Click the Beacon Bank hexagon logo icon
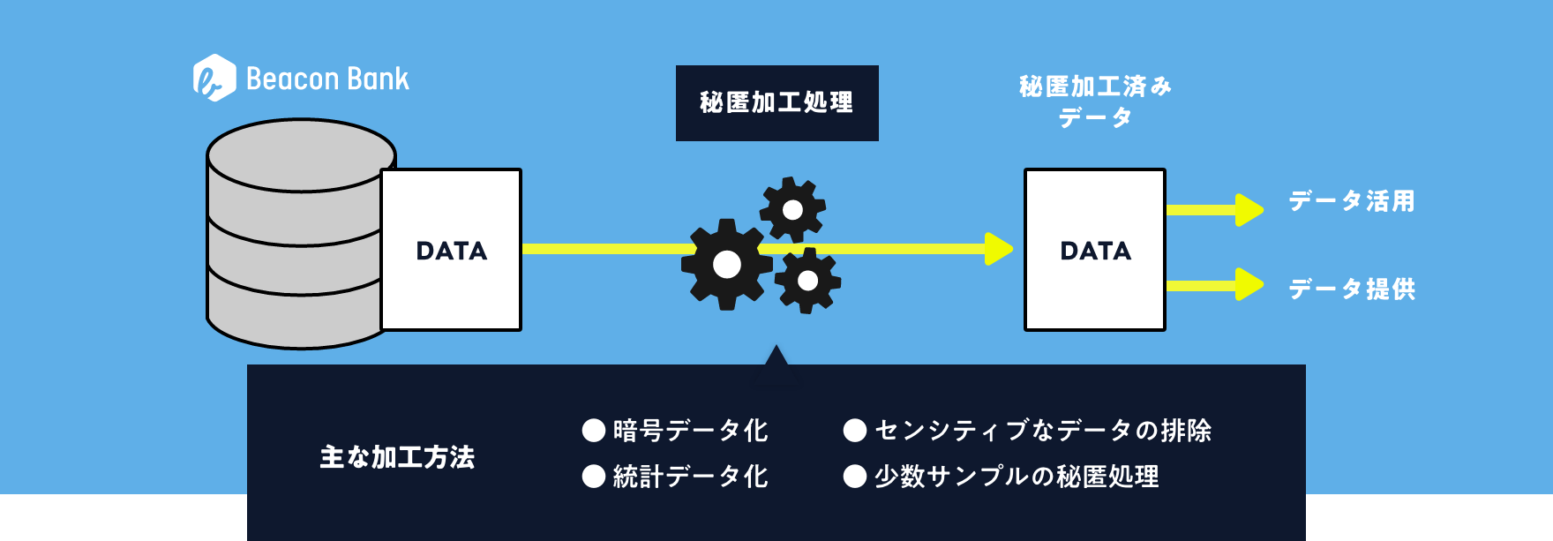click(x=214, y=78)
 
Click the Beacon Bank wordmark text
click(x=327, y=79)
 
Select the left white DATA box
click(x=451, y=250)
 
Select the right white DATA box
click(x=1094, y=250)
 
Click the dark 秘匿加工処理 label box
click(x=776, y=102)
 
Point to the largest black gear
click(x=726, y=264)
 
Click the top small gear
click(x=792, y=209)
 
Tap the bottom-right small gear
click(x=807, y=281)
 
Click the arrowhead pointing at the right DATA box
click(x=998, y=249)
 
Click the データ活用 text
click(x=1351, y=201)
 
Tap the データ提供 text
click(x=1351, y=289)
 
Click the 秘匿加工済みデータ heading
click(x=1095, y=101)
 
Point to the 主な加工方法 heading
click(x=397, y=457)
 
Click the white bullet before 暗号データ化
click(x=594, y=431)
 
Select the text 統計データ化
click(x=690, y=477)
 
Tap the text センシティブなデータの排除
click(x=1042, y=431)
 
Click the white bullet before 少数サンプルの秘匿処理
click(x=854, y=477)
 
